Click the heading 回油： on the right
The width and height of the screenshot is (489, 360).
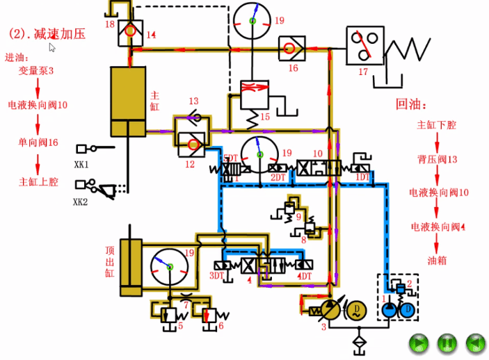point(410,104)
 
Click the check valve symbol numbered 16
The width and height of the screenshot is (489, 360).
point(289,49)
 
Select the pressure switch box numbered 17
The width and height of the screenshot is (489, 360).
point(365,46)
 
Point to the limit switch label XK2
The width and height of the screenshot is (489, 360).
point(82,202)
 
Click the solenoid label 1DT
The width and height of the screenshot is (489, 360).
point(362,177)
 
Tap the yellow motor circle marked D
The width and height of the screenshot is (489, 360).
point(355,307)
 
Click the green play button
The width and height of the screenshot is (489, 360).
point(418,343)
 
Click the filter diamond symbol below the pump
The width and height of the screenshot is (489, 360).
point(358,342)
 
